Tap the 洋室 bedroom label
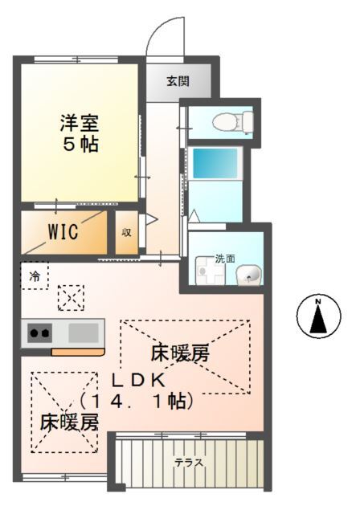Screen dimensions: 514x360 [80, 124]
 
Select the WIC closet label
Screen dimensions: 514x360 [62, 232]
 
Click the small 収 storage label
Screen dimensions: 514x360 [126, 233]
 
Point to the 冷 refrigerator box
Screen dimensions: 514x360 [35, 275]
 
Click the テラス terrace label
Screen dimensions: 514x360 [189, 463]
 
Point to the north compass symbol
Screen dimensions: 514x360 [317, 316]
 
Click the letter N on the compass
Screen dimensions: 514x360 [317, 303]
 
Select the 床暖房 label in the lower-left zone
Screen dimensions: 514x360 [69, 422]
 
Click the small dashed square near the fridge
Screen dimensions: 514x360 [71, 299]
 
